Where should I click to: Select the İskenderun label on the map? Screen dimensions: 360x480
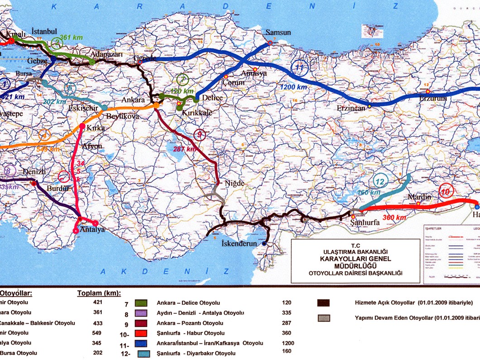point(239,244)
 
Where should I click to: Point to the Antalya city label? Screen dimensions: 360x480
point(92,230)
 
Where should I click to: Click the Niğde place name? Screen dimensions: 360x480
point(235,183)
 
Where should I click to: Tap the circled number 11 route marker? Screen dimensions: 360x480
point(299,68)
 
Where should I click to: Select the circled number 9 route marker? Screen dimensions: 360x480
point(200,134)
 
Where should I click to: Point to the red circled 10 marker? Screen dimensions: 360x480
point(446,192)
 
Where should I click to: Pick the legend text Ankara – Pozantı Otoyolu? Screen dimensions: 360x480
point(190,323)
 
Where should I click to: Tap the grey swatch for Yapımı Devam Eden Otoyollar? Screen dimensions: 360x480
point(324,318)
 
